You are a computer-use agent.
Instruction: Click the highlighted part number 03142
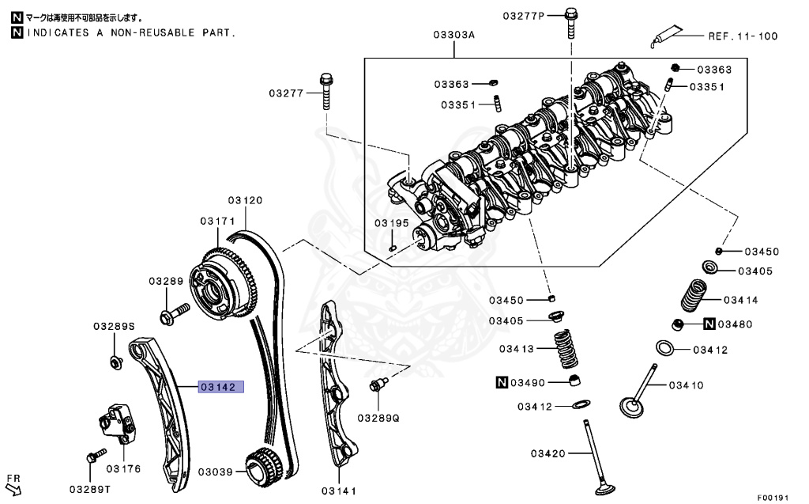click(221, 387)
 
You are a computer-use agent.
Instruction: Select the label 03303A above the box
click(453, 35)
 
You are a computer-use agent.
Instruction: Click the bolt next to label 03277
click(326, 91)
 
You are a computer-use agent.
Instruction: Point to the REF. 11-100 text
click(742, 36)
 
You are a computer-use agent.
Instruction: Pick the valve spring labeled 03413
click(565, 349)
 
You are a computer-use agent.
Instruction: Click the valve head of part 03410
click(632, 406)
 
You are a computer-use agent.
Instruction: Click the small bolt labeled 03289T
click(95, 456)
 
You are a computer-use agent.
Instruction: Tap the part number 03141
click(340, 490)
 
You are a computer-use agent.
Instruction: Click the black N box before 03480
click(709, 324)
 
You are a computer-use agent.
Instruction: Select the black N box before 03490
click(501, 383)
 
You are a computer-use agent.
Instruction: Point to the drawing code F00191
click(773, 498)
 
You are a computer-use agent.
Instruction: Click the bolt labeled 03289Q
click(376, 385)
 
